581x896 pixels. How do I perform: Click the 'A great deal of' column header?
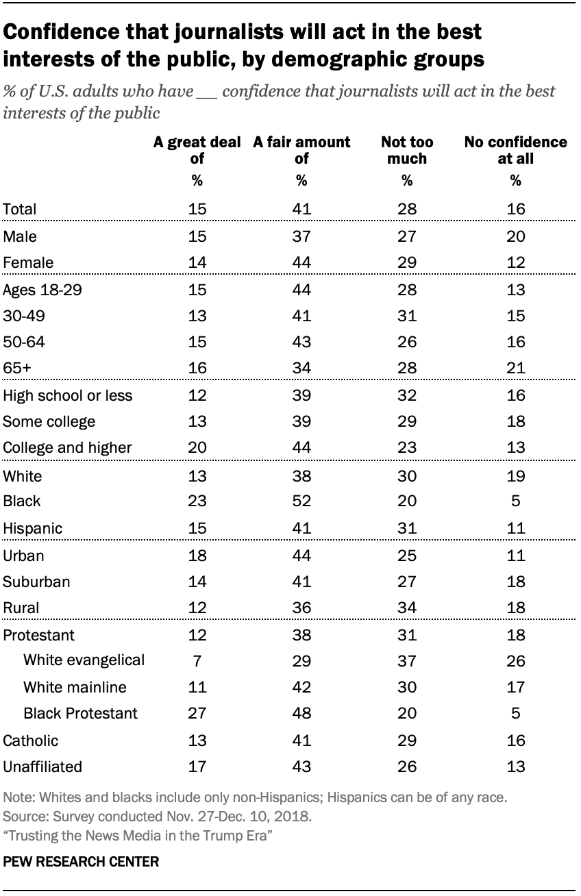(197, 150)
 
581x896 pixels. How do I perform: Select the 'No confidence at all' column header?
(515, 150)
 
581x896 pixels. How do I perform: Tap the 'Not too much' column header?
(406, 150)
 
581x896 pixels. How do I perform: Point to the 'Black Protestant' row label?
(80, 713)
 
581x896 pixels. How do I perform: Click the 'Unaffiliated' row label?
(42, 767)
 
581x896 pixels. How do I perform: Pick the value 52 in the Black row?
(301, 501)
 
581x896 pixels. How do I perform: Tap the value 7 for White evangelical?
(197, 660)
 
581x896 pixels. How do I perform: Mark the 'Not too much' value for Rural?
(406, 608)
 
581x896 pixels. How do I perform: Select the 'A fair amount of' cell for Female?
(301, 262)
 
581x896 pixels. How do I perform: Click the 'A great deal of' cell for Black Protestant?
(197, 713)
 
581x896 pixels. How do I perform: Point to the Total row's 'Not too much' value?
(406, 209)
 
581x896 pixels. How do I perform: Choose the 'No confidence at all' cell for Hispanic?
(516, 528)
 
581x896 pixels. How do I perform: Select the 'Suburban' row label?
(36, 582)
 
